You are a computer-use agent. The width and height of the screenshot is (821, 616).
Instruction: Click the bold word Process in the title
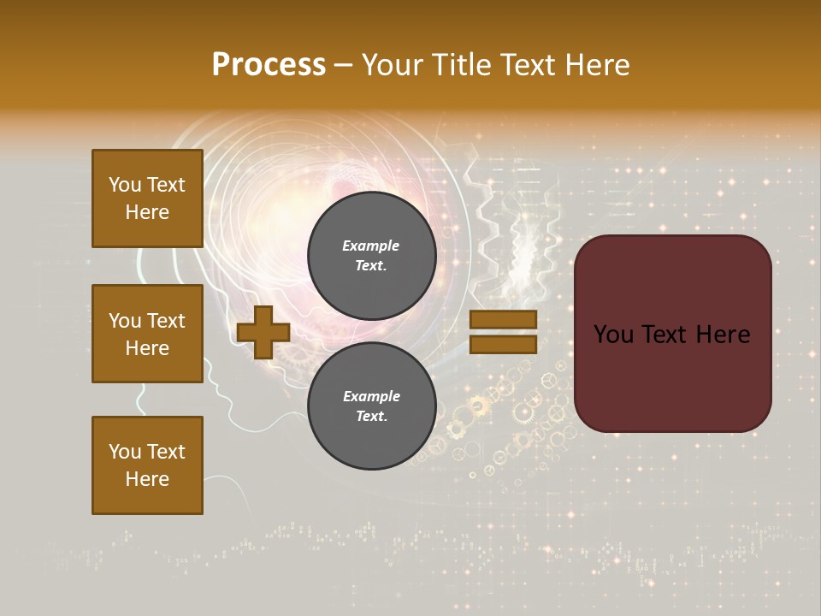click(x=269, y=65)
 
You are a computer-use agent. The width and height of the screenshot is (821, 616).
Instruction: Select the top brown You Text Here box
click(x=147, y=198)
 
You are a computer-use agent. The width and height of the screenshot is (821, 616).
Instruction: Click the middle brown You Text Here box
click(x=147, y=334)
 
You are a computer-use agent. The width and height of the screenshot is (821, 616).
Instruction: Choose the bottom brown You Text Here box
click(x=147, y=465)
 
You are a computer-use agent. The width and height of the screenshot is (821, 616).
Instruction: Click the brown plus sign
click(x=263, y=332)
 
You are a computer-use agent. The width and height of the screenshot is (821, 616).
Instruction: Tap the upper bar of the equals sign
click(x=504, y=319)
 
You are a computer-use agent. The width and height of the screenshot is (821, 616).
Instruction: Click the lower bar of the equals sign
click(x=504, y=345)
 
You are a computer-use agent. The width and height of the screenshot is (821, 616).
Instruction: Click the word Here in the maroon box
click(x=722, y=335)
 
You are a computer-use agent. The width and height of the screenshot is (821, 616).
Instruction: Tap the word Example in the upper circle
click(x=371, y=246)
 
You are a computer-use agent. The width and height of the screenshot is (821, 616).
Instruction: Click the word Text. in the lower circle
click(x=371, y=417)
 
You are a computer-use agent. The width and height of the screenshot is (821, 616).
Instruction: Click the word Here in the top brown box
click(x=147, y=212)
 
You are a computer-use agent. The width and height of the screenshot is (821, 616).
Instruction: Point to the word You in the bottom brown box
click(x=125, y=452)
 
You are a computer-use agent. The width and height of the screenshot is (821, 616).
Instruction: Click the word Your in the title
click(x=391, y=65)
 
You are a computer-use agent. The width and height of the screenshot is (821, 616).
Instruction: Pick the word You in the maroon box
click(x=613, y=335)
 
